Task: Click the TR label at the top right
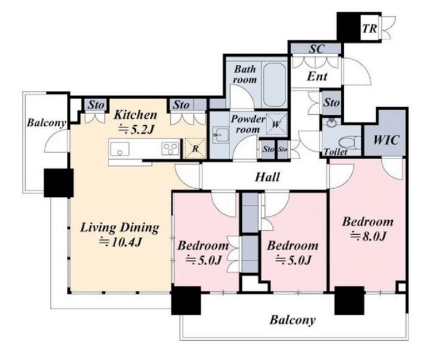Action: tap(369, 29)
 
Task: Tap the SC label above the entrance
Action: tap(317, 49)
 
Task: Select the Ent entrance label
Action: tap(317, 76)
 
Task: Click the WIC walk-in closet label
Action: tap(386, 140)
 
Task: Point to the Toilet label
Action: tap(336, 151)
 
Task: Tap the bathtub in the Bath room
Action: tap(274, 85)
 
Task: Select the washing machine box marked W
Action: tap(276, 124)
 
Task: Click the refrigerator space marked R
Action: tap(195, 149)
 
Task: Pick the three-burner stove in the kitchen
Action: tap(170, 149)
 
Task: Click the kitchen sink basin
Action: tap(120, 149)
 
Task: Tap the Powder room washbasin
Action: tap(221, 135)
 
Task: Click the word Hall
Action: tap(267, 177)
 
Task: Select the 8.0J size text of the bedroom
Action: tap(368, 236)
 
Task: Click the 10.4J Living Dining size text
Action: tap(121, 242)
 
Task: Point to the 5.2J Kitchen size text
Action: tap(136, 129)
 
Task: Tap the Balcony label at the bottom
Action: tap(292, 320)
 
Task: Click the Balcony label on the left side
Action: tap(47, 123)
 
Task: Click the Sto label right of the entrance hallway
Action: tap(332, 103)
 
